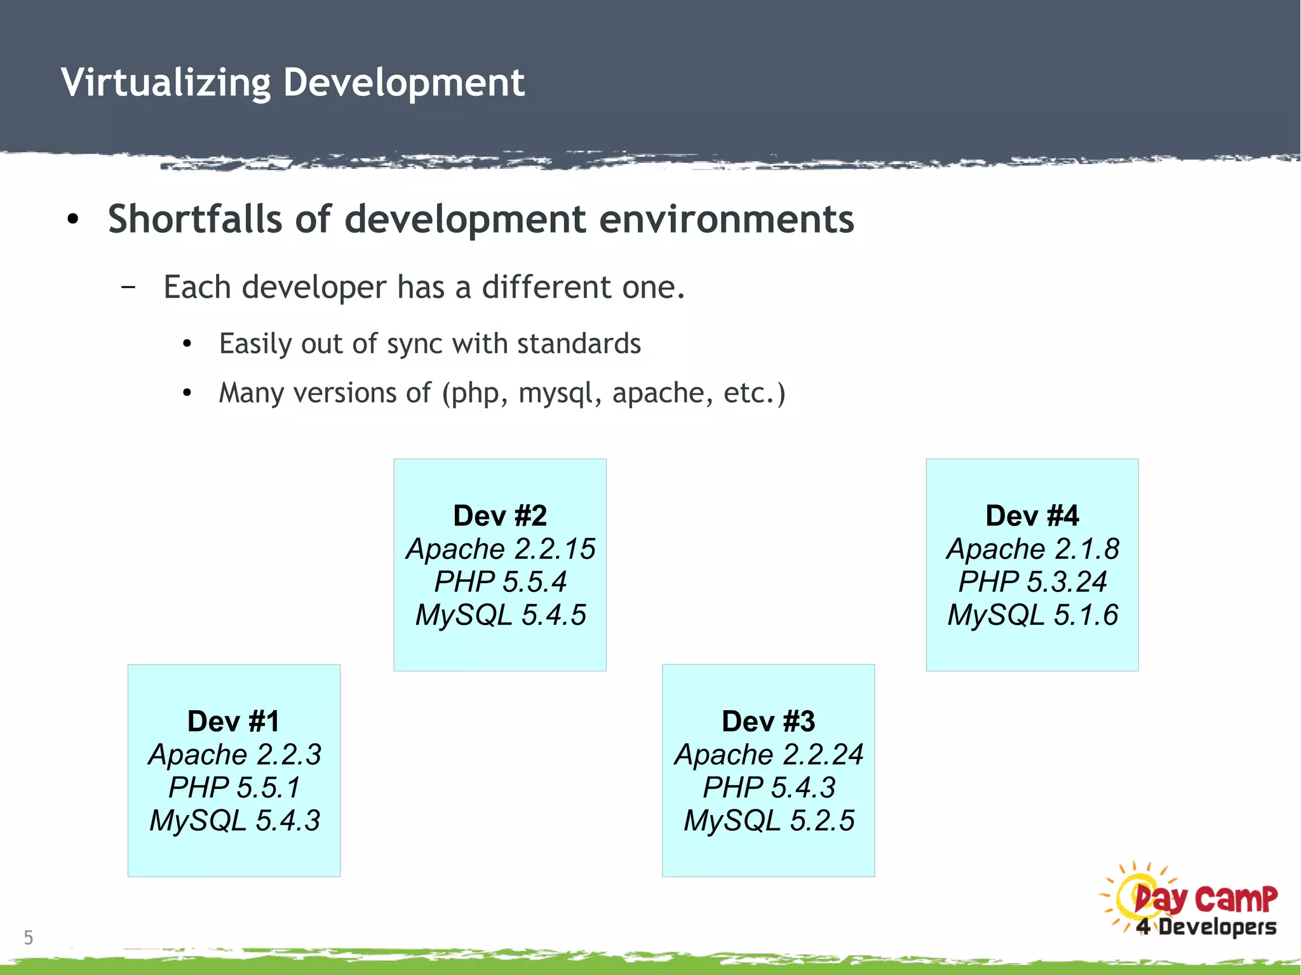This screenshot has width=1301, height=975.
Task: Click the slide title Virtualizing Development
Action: (292, 83)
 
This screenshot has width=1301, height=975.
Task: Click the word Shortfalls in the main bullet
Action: (194, 219)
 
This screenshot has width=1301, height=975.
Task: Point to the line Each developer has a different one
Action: (424, 287)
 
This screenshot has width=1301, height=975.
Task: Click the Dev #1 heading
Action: (234, 722)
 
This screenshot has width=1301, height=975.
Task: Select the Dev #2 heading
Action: (500, 516)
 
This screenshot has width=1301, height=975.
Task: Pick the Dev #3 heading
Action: (768, 722)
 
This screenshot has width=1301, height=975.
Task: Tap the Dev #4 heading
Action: (1032, 516)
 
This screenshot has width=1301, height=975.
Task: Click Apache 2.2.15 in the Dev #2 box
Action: (500, 549)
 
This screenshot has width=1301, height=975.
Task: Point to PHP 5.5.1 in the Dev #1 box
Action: (234, 788)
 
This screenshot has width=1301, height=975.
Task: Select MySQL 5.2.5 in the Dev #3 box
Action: (768, 821)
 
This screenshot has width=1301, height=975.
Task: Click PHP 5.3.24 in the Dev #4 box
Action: (1032, 582)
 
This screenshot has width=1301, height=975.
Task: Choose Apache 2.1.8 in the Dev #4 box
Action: (1032, 549)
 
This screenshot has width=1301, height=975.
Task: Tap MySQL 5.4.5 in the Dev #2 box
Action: (500, 615)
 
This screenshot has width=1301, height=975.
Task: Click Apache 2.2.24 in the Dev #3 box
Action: (768, 755)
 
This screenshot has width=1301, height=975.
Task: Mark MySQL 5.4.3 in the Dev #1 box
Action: (234, 821)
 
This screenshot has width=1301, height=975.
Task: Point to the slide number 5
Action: (28, 938)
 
